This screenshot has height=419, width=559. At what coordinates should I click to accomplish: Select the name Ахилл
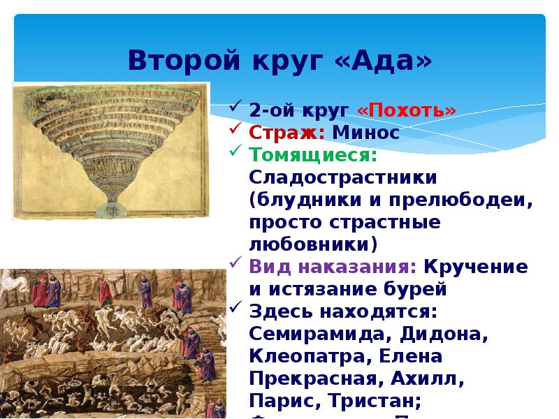426,381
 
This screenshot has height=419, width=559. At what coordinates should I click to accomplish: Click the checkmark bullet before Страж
238,131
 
